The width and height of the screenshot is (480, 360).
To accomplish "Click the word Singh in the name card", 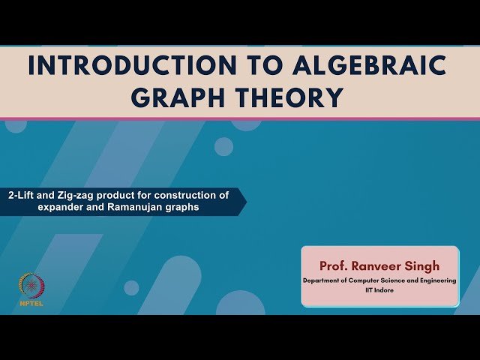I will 424,265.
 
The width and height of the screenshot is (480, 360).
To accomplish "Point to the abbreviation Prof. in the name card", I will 334,265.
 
